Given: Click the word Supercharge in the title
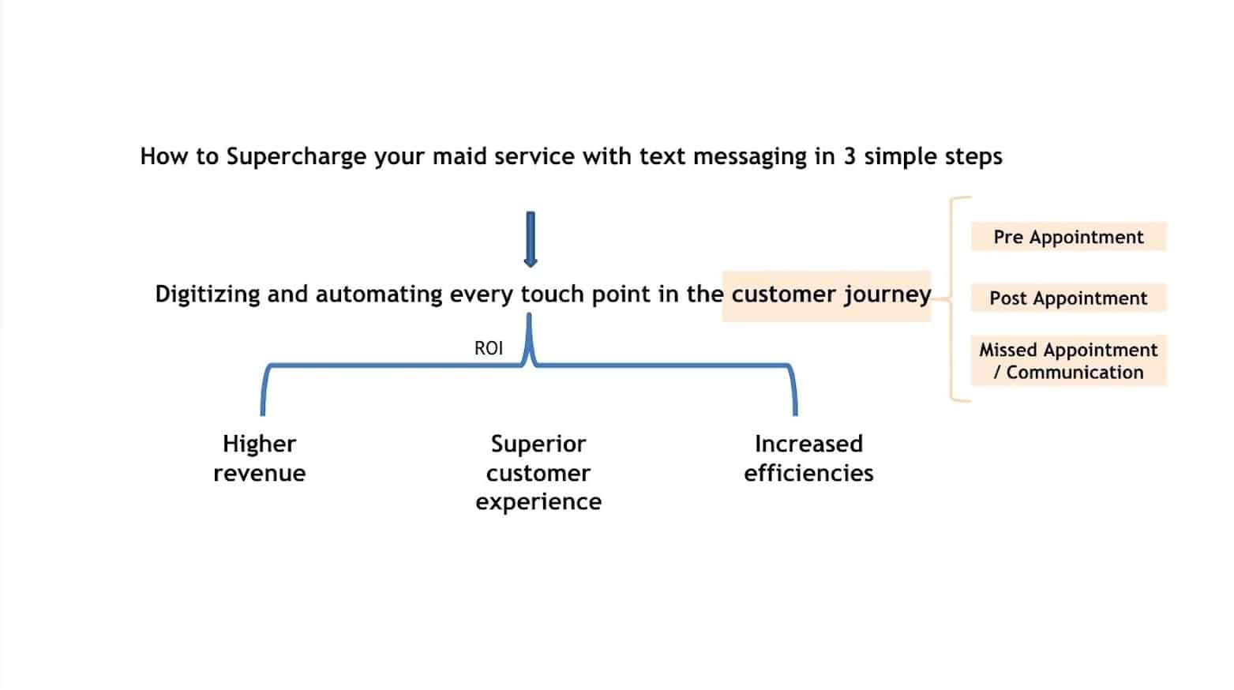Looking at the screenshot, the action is click(x=296, y=157).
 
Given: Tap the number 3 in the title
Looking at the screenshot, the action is click(x=849, y=156).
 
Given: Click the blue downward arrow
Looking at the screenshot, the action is click(x=531, y=239).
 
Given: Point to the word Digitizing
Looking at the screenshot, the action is click(x=207, y=294).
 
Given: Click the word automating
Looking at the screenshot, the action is click(x=378, y=294).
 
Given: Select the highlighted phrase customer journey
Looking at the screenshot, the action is click(x=831, y=294).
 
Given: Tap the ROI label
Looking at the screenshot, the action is click(x=489, y=348).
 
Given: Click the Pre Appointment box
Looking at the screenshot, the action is click(x=1068, y=237).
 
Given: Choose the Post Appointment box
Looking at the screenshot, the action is click(x=1068, y=298).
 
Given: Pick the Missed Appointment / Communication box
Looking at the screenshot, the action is click(x=1068, y=361).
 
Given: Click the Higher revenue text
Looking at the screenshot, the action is click(x=260, y=458).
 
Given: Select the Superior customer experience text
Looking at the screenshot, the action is click(x=538, y=472).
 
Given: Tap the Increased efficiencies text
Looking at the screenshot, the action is click(x=808, y=458).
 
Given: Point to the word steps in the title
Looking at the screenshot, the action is click(x=974, y=157).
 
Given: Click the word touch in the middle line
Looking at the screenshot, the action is click(x=553, y=294).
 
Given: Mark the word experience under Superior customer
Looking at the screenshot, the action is click(x=538, y=502).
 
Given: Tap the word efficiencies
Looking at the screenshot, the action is click(x=808, y=473).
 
